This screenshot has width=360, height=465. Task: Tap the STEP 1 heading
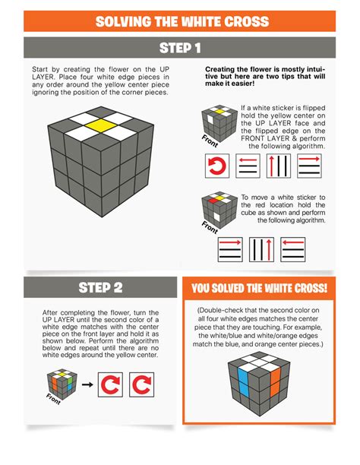click(180, 48)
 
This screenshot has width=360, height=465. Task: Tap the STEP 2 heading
click(101, 287)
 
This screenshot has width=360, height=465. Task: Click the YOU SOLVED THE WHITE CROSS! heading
click(259, 288)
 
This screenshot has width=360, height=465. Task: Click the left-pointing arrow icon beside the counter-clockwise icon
click(248, 166)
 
